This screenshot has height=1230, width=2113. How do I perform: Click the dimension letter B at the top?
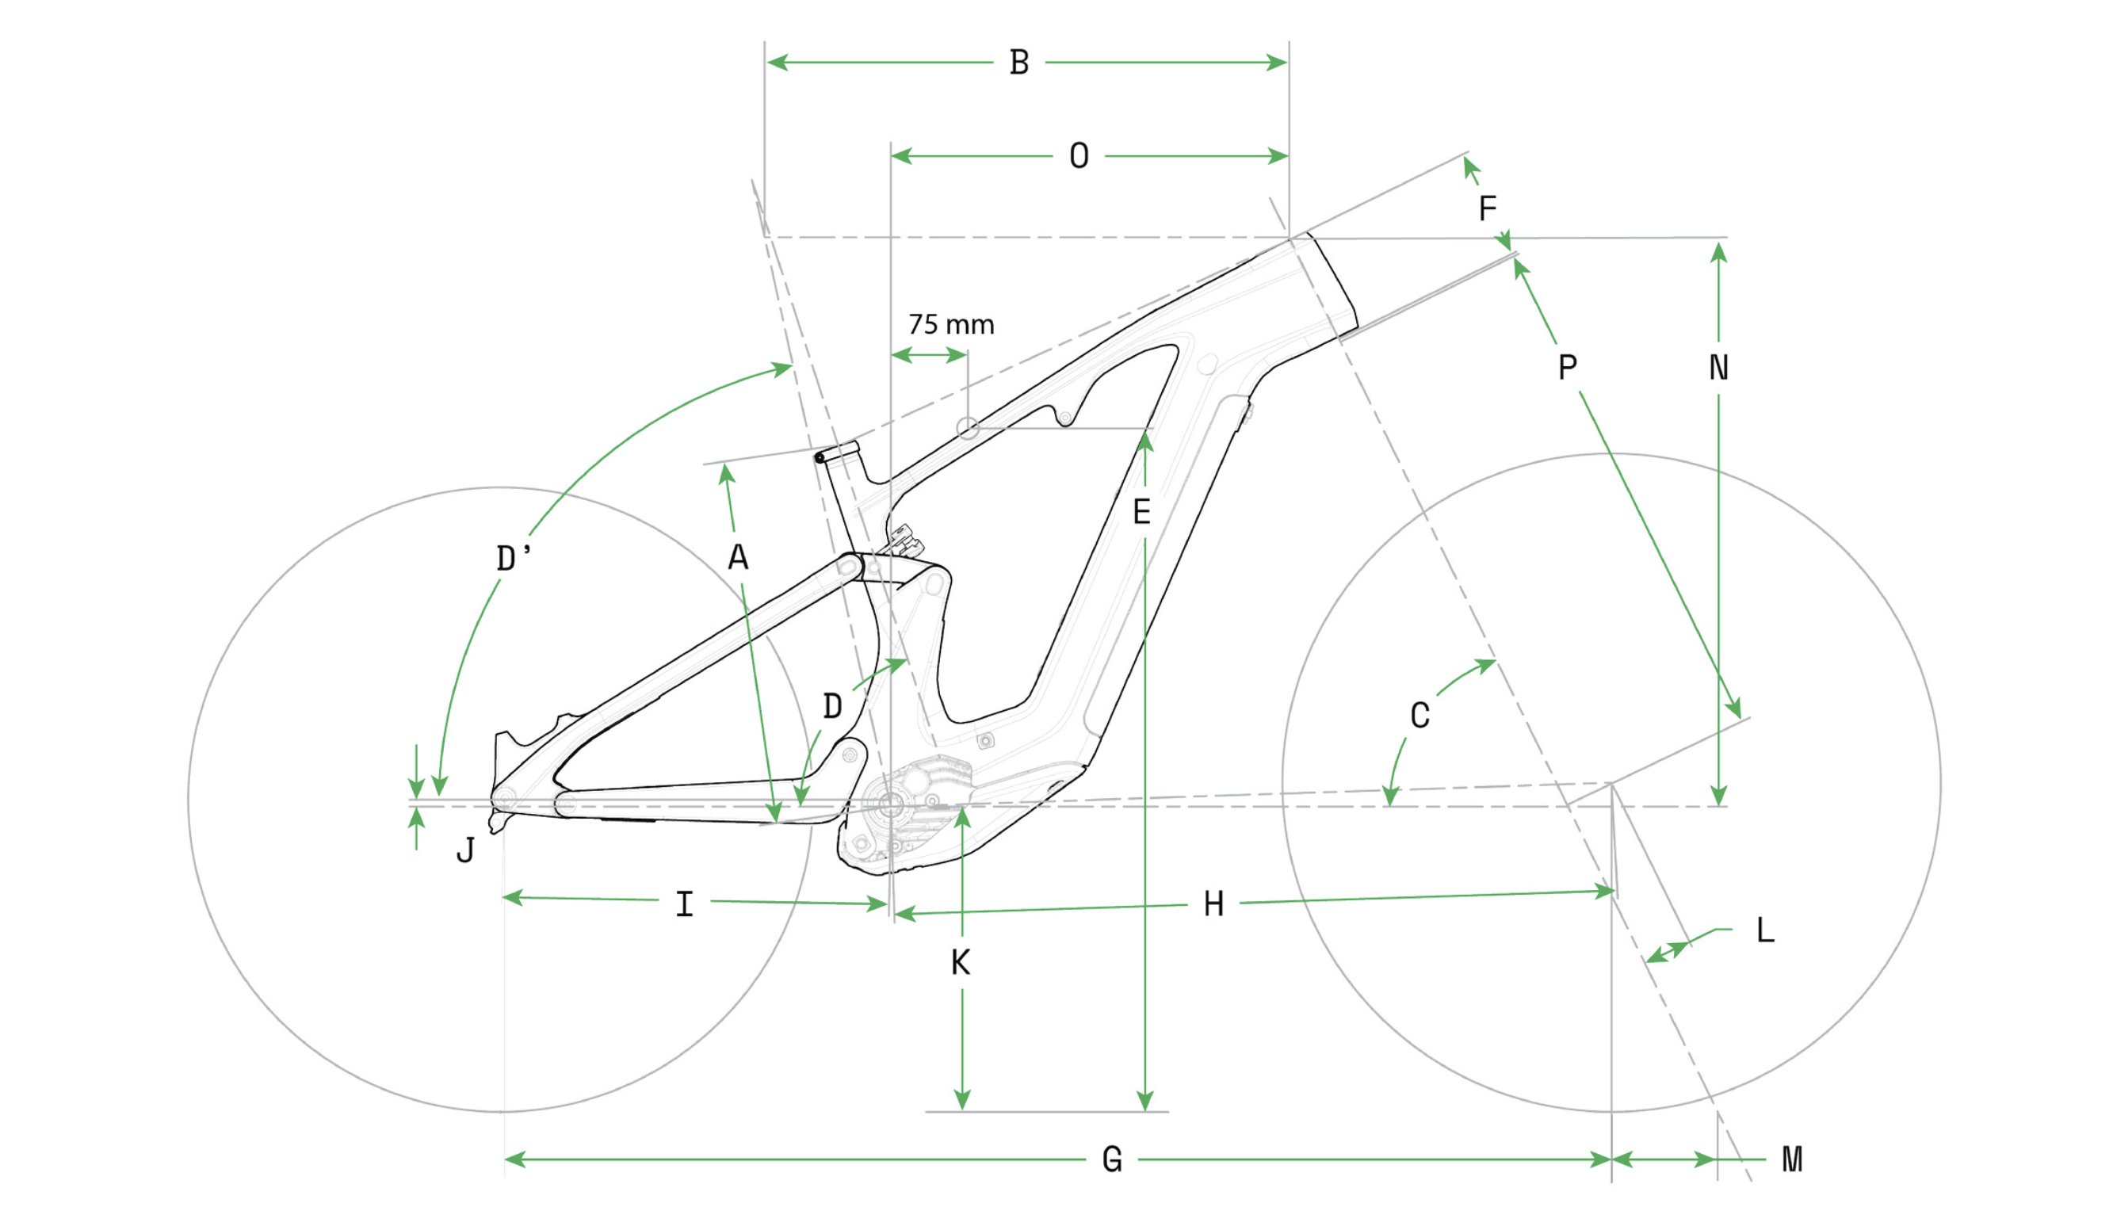point(1018,63)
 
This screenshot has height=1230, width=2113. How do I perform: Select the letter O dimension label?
point(1079,157)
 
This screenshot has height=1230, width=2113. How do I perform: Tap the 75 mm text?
point(951,325)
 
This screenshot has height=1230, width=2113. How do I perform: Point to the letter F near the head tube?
point(1487,208)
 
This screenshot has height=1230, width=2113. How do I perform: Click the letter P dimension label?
point(1567,367)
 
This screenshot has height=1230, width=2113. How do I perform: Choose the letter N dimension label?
point(1718,368)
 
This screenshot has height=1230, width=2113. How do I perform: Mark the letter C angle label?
point(1419,716)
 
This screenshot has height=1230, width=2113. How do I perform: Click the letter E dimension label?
point(1141,512)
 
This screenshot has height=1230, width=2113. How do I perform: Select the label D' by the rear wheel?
point(512,559)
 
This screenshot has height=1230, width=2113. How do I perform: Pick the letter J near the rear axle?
point(465,851)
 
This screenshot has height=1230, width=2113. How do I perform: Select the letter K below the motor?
point(961,964)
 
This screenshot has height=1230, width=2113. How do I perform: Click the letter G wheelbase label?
point(1112,1160)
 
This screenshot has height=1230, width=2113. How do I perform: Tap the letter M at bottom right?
point(1792,1160)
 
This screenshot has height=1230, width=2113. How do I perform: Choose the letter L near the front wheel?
point(1765,930)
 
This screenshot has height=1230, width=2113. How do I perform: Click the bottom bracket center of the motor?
point(891,806)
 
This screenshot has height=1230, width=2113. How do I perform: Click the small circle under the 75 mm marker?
point(968,429)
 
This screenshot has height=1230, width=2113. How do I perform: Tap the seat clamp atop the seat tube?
point(836,453)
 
